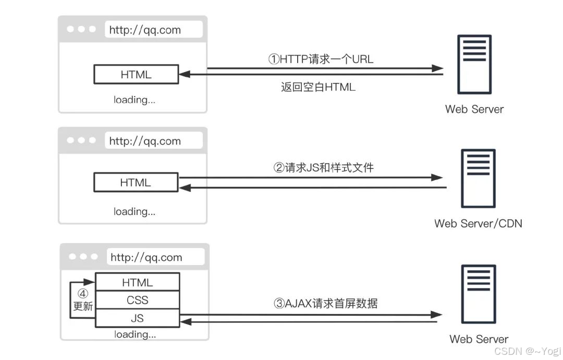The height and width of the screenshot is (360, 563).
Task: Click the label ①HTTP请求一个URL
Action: tap(321, 59)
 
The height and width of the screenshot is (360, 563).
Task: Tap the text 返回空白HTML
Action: tap(318, 87)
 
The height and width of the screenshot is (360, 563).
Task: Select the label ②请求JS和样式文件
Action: tap(324, 167)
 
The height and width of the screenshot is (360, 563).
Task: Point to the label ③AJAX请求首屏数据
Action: tap(325, 303)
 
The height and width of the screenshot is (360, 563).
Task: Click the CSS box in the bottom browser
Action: tap(138, 300)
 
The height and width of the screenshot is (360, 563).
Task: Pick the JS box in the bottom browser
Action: tap(138, 318)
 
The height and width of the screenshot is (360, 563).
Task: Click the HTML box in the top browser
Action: tap(136, 74)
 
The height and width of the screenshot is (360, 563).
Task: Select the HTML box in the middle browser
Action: tap(136, 183)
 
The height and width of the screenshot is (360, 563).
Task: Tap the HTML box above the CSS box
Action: tap(138, 282)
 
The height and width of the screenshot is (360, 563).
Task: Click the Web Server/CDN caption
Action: tap(478, 223)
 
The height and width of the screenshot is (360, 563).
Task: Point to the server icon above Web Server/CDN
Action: tap(478, 178)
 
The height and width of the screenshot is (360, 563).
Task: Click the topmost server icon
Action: tap(474, 64)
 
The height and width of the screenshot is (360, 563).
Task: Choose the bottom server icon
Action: tap(478, 294)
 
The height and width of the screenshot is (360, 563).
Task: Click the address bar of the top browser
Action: tap(154, 30)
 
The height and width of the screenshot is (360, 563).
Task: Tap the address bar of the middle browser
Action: tap(154, 141)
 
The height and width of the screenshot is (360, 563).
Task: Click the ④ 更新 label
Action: tap(82, 301)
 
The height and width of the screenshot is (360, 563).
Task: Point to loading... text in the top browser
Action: tap(134, 100)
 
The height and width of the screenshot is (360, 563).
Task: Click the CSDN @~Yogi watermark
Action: tap(527, 351)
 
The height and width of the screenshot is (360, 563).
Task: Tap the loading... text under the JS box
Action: tap(135, 334)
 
